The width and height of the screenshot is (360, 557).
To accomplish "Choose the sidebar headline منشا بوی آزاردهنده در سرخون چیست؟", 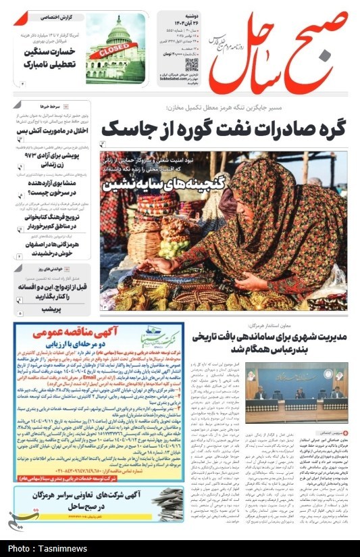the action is (54, 188).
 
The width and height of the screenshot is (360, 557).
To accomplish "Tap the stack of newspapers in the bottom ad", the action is (166, 503).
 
